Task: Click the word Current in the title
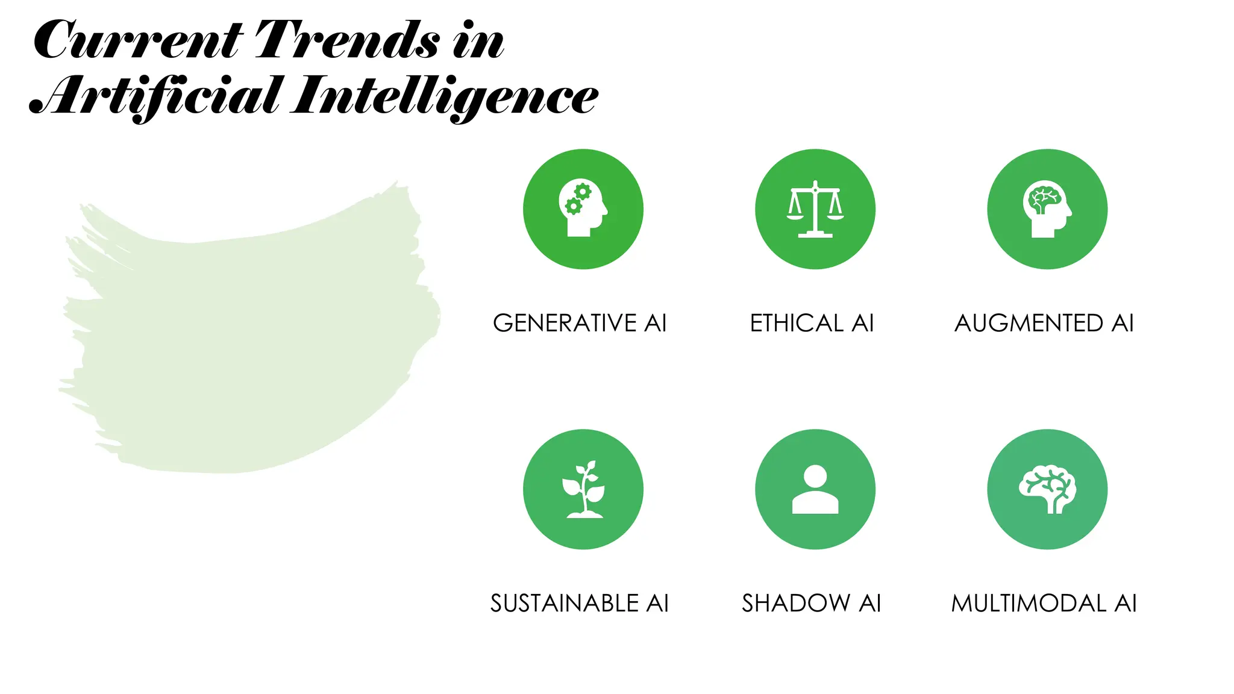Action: pyautogui.click(x=137, y=41)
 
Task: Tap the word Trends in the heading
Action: pyautogui.click(x=348, y=41)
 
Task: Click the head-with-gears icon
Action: pyautogui.click(x=583, y=208)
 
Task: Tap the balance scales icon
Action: pyautogui.click(x=815, y=208)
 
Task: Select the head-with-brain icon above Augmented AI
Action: pyautogui.click(x=1047, y=208)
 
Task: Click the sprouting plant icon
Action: pyautogui.click(x=583, y=489)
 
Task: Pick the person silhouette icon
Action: pyautogui.click(x=815, y=489)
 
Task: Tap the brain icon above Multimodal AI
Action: pyautogui.click(x=1047, y=489)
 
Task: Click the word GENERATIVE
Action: pyautogui.click(x=565, y=324)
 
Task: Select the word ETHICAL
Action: pyautogui.click(x=796, y=324)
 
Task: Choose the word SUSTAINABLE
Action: pyautogui.click(x=565, y=604)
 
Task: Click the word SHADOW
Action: pyautogui.click(x=796, y=604)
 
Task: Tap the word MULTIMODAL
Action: pyautogui.click(x=1029, y=604)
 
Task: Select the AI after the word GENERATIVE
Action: pyautogui.click(x=656, y=324)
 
